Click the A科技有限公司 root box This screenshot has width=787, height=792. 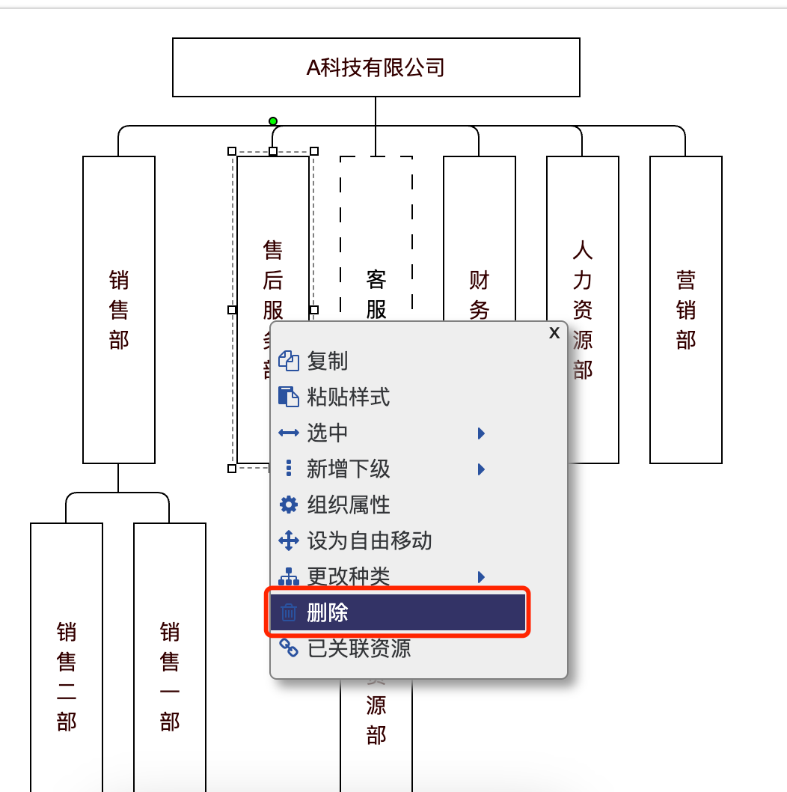click(x=376, y=67)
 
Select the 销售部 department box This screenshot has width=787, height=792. click(x=119, y=309)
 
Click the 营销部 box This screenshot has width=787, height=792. click(x=685, y=309)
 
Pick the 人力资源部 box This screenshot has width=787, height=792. click(x=582, y=309)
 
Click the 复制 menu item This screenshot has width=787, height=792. click(x=328, y=361)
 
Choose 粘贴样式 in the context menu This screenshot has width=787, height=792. click(x=348, y=397)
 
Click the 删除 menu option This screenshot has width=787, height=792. click(x=328, y=614)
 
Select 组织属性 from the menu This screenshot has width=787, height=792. click(x=348, y=505)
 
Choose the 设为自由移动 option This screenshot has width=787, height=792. click(x=369, y=540)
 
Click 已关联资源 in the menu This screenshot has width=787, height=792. click(x=358, y=648)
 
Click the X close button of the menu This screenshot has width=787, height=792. click(x=554, y=333)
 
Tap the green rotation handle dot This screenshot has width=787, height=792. click(x=273, y=121)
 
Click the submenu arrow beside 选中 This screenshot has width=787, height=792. click(x=482, y=433)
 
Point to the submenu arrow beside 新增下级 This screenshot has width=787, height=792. click(x=482, y=469)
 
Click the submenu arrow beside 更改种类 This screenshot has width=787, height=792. click(x=482, y=577)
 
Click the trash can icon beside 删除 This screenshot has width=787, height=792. click(x=288, y=614)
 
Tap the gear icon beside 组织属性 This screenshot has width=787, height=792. click(x=288, y=505)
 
